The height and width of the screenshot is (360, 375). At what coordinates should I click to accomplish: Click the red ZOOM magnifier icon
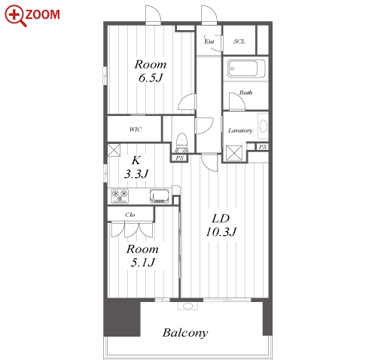(x=16, y=15)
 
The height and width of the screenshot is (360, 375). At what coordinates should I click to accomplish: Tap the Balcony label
(x=185, y=333)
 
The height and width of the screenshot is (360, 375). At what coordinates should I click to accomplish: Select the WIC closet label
(x=136, y=130)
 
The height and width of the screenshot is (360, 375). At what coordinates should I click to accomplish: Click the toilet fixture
(x=181, y=142)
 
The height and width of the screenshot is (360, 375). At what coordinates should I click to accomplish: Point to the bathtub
(x=246, y=69)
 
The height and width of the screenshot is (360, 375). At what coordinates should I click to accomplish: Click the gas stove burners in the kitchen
(x=120, y=196)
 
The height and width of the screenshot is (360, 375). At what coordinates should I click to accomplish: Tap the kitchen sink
(x=160, y=196)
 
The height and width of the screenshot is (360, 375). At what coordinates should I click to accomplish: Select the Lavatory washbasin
(x=263, y=126)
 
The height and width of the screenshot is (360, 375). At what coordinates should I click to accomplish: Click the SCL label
(x=239, y=41)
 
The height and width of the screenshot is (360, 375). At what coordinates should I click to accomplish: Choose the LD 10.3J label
(x=221, y=225)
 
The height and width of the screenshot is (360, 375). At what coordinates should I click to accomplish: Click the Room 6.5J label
(x=151, y=71)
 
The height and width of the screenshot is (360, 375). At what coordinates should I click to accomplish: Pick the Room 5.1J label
(x=142, y=256)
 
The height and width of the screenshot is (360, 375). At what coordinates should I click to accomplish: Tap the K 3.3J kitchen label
(x=136, y=167)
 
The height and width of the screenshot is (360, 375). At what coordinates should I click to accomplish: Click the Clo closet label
(x=130, y=215)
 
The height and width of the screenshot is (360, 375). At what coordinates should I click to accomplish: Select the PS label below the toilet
(x=180, y=158)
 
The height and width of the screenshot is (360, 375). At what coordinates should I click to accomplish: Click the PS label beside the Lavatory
(x=263, y=147)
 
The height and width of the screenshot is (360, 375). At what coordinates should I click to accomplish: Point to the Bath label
(x=245, y=93)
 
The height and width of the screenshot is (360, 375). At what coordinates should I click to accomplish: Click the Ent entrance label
(x=209, y=41)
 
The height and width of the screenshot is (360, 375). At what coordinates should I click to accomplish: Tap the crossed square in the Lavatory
(x=234, y=153)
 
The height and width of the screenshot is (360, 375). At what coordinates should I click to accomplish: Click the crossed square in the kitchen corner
(x=114, y=150)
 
